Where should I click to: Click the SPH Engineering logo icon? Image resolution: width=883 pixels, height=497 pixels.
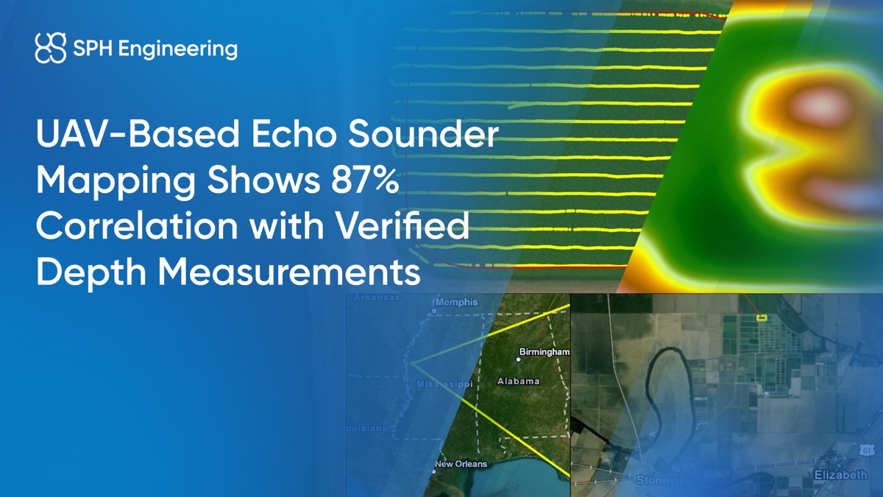pyautogui.click(x=51, y=49)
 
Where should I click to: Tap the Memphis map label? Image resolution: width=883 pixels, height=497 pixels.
pyautogui.click(x=457, y=302)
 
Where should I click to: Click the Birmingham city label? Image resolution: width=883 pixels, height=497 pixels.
pyautogui.click(x=545, y=352)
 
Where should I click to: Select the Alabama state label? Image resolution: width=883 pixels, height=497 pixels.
pyautogui.click(x=518, y=381)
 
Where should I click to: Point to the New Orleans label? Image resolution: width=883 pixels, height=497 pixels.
pyautogui.click(x=461, y=464)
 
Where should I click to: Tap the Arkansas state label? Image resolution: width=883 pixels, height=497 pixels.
pyautogui.click(x=377, y=298)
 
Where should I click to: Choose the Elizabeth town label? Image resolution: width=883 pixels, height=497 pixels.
pyautogui.click(x=840, y=475)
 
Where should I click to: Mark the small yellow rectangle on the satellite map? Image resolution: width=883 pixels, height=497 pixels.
pyautogui.click(x=762, y=317)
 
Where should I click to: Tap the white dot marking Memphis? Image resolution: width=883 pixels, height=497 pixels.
pyautogui.click(x=434, y=311)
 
